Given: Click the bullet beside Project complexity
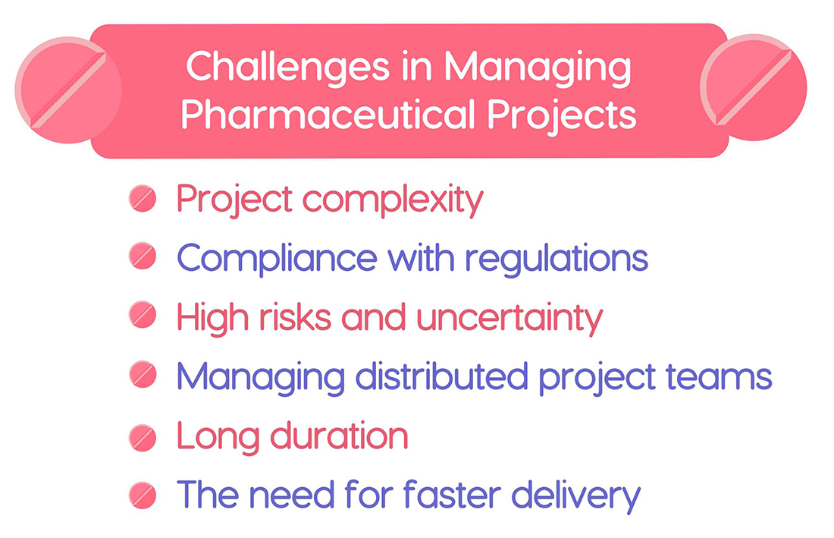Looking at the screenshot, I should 143,200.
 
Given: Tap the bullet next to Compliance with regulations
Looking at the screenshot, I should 143,259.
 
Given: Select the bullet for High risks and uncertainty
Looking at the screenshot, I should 143,317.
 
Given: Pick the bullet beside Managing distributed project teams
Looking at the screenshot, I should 143,376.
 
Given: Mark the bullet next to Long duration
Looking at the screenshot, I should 143,436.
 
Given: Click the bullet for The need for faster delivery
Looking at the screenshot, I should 143,496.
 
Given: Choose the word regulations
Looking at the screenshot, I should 557,260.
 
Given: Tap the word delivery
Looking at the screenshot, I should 576,496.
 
